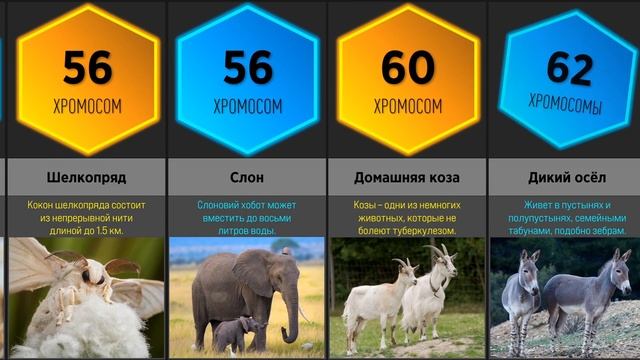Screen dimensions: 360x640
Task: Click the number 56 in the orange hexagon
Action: tap(87, 68)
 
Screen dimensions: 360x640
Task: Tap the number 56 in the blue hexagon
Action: tap(247, 68)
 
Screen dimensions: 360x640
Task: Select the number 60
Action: tap(407, 68)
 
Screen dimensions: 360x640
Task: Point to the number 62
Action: tap(570, 68)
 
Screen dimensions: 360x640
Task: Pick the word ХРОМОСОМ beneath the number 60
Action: tap(407, 105)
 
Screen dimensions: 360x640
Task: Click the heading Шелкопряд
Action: tap(87, 178)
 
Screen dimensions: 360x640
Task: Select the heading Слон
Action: tap(247, 178)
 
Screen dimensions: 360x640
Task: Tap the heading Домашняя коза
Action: tap(407, 178)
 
